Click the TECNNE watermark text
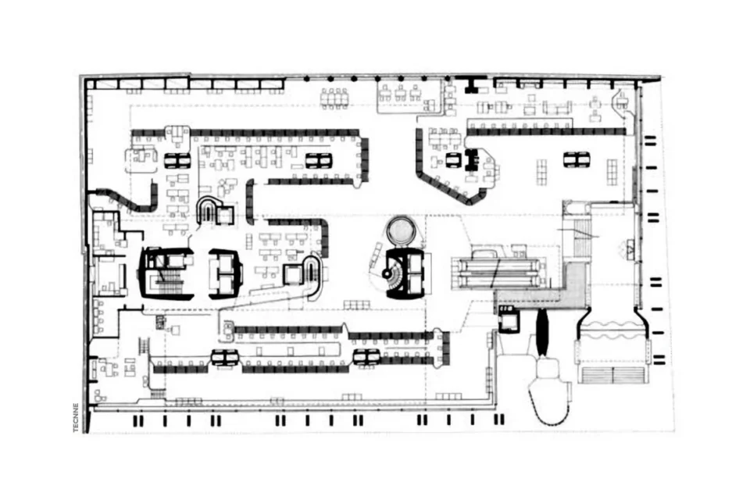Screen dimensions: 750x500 click(x=76, y=418)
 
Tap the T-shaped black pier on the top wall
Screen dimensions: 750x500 click(x=473, y=84)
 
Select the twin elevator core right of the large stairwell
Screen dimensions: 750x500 click(x=225, y=273)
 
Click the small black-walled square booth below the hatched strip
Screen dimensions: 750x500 click(x=508, y=318)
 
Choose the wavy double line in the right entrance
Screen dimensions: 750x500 click(x=612, y=331)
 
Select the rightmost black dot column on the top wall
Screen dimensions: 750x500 click(x=448, y=78)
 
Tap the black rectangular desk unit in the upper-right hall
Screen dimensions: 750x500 click(x=472, y=159)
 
